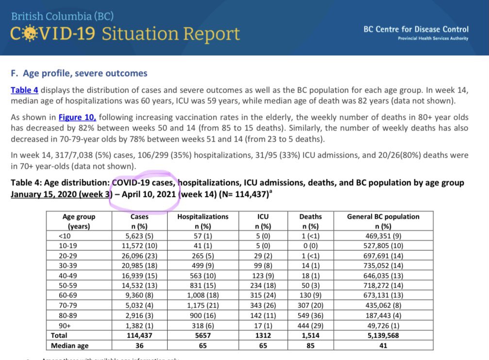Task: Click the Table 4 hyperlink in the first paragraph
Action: click(25, 90)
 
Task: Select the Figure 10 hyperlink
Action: click(77, 117)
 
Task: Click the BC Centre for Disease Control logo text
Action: click(416, 30)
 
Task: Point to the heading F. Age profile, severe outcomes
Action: click(79, 74)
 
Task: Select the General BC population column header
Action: click(383, 221)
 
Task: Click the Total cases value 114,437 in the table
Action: click(139, 335)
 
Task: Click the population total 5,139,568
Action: click(383, 335)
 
